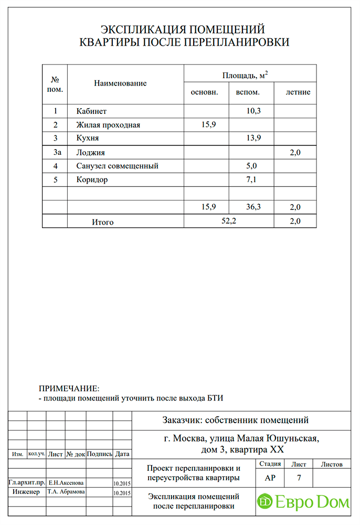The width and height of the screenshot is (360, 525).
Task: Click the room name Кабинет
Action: [91, 111]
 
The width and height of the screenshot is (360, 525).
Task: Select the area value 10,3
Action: [253, 111]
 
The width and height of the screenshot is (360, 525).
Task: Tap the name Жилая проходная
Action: [108, 125]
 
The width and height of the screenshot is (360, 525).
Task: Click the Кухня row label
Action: [87, 139]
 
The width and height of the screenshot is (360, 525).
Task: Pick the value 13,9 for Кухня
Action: [253, 139]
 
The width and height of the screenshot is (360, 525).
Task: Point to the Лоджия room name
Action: [90, 153]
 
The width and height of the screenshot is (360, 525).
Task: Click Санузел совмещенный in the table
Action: [117, 166]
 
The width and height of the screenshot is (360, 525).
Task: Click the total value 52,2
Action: [229, 221]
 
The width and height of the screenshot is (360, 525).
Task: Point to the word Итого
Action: [103, 222]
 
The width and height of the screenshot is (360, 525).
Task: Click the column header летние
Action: [298, 92]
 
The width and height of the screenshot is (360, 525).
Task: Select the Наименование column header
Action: [120, 83]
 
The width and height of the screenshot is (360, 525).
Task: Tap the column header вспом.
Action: [248, 92]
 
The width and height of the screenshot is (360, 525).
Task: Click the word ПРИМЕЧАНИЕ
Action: [69, 388]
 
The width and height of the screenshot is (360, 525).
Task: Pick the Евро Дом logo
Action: [303, 502]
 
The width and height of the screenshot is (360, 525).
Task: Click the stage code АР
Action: [270, 478]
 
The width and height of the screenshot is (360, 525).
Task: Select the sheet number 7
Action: [299, 478]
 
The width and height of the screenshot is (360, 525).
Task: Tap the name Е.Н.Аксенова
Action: [66, 482]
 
